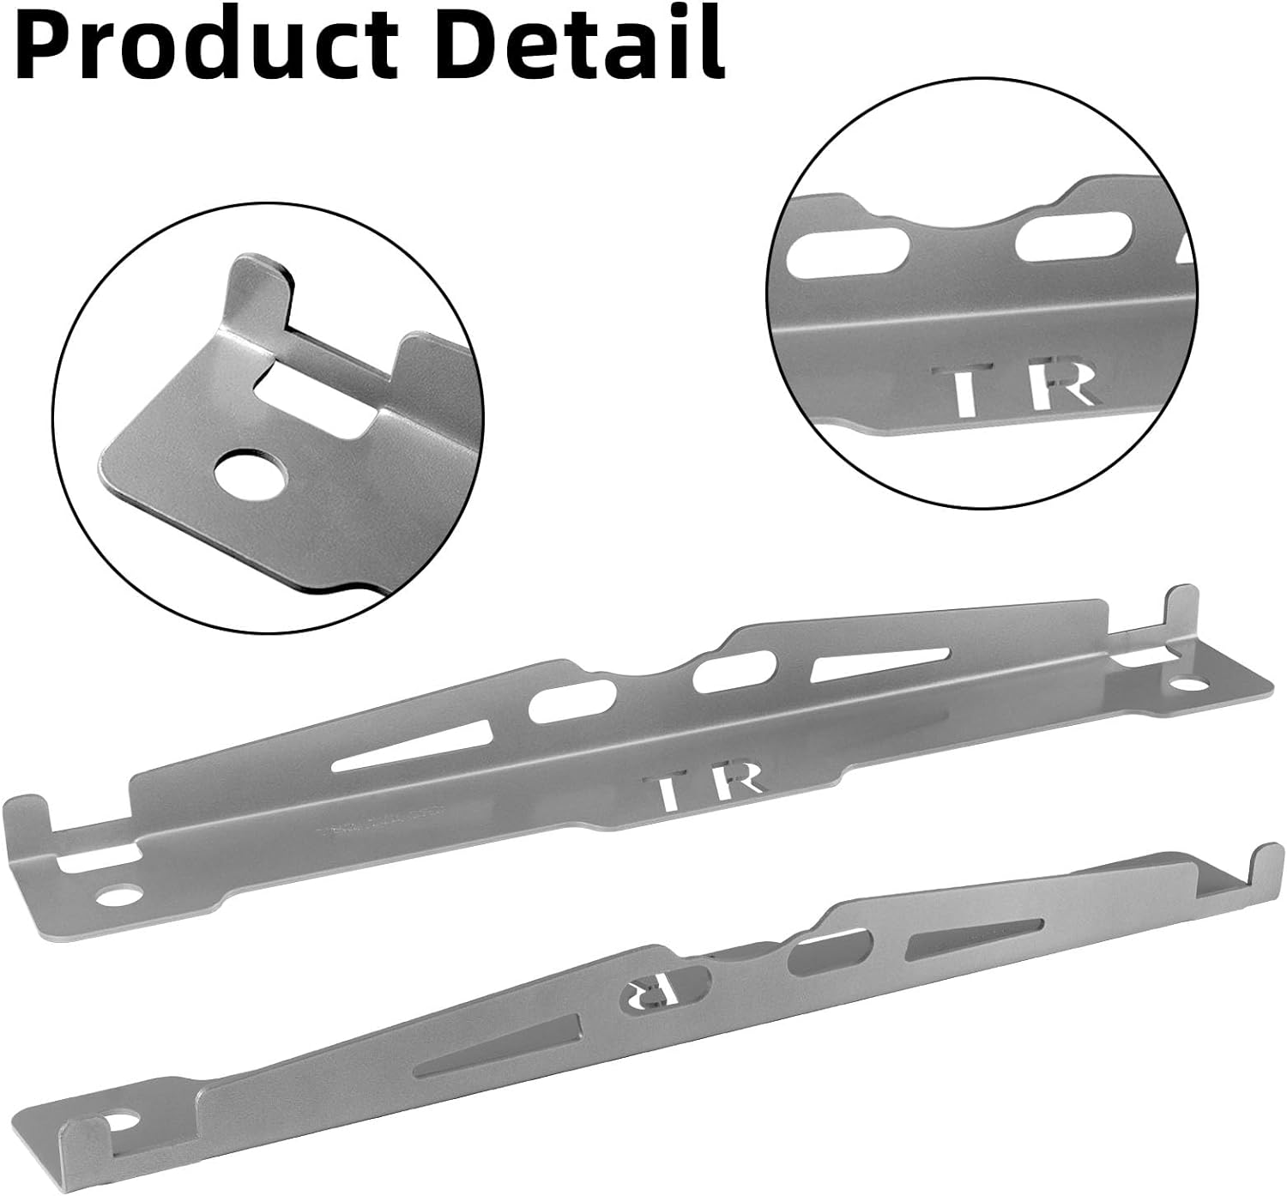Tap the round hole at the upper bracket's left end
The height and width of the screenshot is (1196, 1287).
(118, 894)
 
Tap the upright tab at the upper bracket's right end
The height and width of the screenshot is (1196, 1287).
(1180, 613)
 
